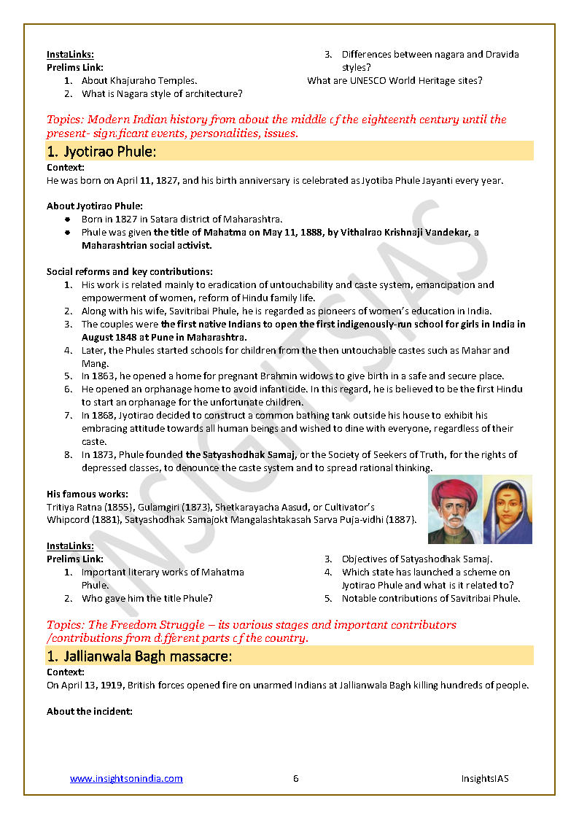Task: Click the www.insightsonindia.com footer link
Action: pyautogui.click(x=126, y=778)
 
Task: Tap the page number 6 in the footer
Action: pyautogui.click(x=295, y=778)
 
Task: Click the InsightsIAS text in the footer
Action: pyautogui.click(x=484, y=778)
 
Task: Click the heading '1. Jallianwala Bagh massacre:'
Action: pyautogui.click(x=139, y=656)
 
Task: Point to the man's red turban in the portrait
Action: pyautogui.click(x=454, y=492)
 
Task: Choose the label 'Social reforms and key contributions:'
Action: pyautogui.click(x=129, y=271)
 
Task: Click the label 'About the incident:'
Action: pyautogui.click(x=90, y=711)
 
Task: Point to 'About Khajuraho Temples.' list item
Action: pyautogui.click(x=139, y=81)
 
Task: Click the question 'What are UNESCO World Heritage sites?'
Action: pyautogui.click(x=395, y=81)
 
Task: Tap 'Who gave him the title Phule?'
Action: pyautogui.click(x=147, y=599)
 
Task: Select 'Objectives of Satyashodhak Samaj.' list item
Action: pyautogui.click(x=417, y=559)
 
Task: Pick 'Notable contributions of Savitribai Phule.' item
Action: pyautogui.click(x=430, y=599)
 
